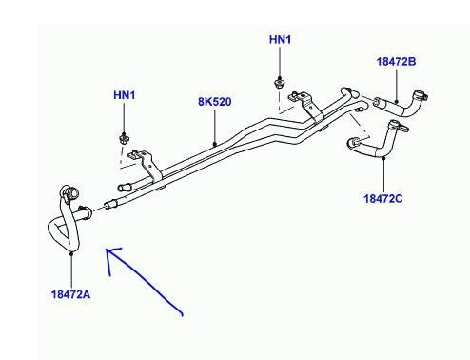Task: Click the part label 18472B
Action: [x=396, y=61]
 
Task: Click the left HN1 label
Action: [x=125, y=96]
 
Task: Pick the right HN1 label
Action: [x=281, y=41]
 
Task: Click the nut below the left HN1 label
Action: [x=126, y=140]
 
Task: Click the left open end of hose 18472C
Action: [x=350, y=145]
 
